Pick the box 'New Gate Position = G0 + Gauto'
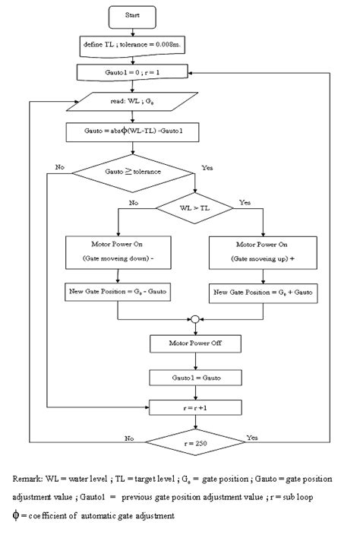261,293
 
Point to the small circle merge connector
194,320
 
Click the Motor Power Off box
194,344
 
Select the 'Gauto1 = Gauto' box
194,376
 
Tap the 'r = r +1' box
194,408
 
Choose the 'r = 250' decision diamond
194,441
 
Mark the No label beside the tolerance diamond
59,166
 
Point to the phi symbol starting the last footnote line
17,515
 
